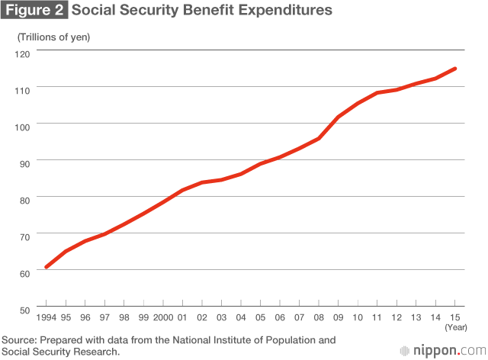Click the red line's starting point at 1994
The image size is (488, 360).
tap(47, 267)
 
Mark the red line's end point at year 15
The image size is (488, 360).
tap(455, 69)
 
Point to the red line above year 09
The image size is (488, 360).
tap(338, 117)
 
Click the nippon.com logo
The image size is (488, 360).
tap(438, 350)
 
